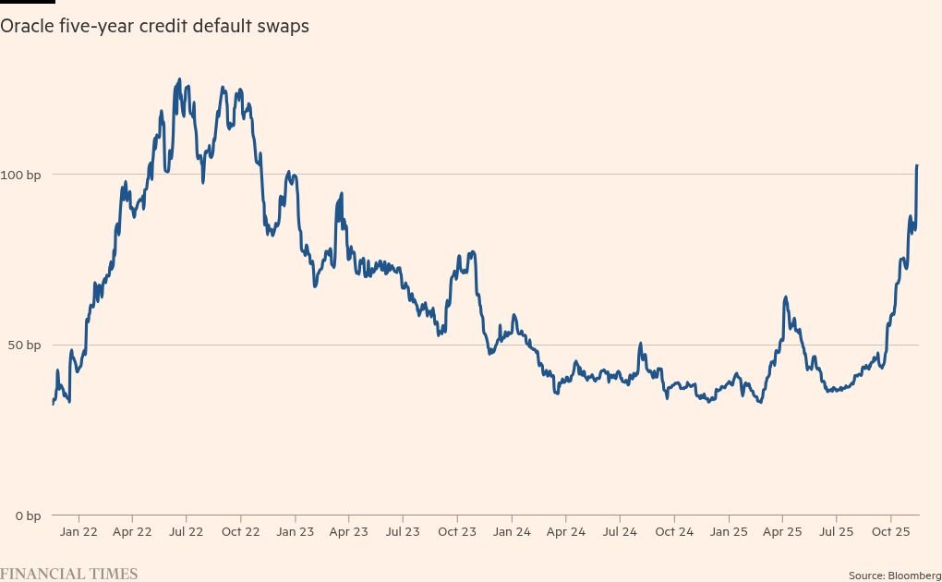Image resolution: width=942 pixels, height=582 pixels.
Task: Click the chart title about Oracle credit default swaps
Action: click(x=154, y=27)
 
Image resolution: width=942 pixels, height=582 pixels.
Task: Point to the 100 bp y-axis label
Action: click(x=20, y=175)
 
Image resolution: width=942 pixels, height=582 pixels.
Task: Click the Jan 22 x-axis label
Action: click(x=78, y=532)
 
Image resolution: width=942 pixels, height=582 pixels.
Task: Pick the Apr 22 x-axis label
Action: click(x=132, y=532)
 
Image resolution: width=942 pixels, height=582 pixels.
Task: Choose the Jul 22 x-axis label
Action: click(x=187, y=532)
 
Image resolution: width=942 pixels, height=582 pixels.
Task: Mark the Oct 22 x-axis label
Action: click(x=240, y=532)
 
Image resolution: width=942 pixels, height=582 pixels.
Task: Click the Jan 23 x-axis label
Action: click(x=295, y=532)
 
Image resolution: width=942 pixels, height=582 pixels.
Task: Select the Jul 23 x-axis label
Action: click(x=403, y=532)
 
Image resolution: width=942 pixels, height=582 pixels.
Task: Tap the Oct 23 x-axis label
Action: click(x=457, y=532)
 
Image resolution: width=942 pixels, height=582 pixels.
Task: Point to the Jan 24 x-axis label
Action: click(x=512, y=532)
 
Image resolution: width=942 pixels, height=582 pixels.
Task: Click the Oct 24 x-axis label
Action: click(x=674, y=532)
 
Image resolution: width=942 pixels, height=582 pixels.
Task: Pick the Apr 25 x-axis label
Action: click(x=782, y=532)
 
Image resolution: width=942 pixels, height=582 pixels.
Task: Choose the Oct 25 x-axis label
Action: click(x=890, y=532)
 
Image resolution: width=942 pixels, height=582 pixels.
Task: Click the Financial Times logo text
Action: click(x=69, y=574)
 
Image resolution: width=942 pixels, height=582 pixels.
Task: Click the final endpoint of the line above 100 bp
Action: click(x=917, y=165)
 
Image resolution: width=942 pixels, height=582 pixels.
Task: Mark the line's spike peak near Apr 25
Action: click(x=785, y=297)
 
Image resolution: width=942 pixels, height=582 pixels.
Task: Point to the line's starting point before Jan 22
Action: click(x=53, y=404)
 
